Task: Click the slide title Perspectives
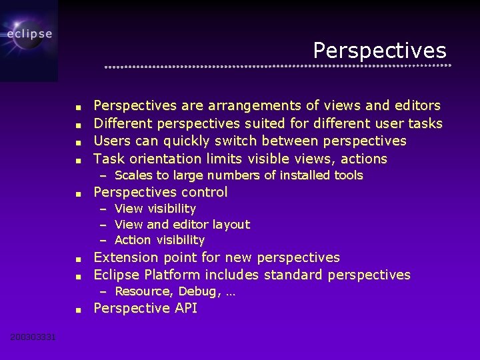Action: tap(379, 50)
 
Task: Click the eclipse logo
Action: tap(29, 33)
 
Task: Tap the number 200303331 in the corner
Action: tap(33, 337)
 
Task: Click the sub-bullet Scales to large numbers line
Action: tap(238, 175)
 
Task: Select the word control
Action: tap(206, 192)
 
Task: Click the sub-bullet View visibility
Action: tap(155, 209)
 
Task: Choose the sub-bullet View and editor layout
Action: tap(182, 225)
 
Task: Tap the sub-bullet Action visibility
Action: tap(159, 240)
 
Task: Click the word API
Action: tap(185, 308)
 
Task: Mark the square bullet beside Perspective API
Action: tap(78, 309)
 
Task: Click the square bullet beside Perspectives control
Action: tap(78, 193)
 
